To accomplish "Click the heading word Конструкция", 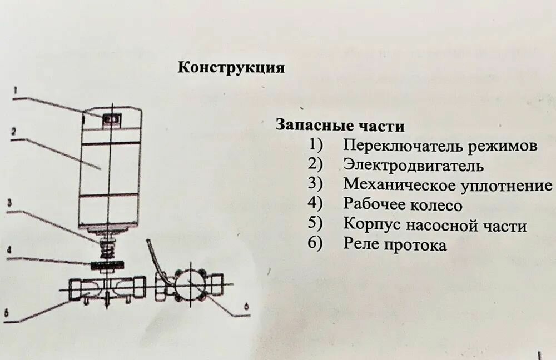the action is point(231,68).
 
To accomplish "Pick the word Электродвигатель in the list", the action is point(413,166).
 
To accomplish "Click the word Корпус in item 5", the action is point(372,225).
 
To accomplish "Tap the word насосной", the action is point(441,225).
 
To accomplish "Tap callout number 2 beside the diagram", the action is point(13,132).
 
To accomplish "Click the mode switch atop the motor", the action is point(112,118).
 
